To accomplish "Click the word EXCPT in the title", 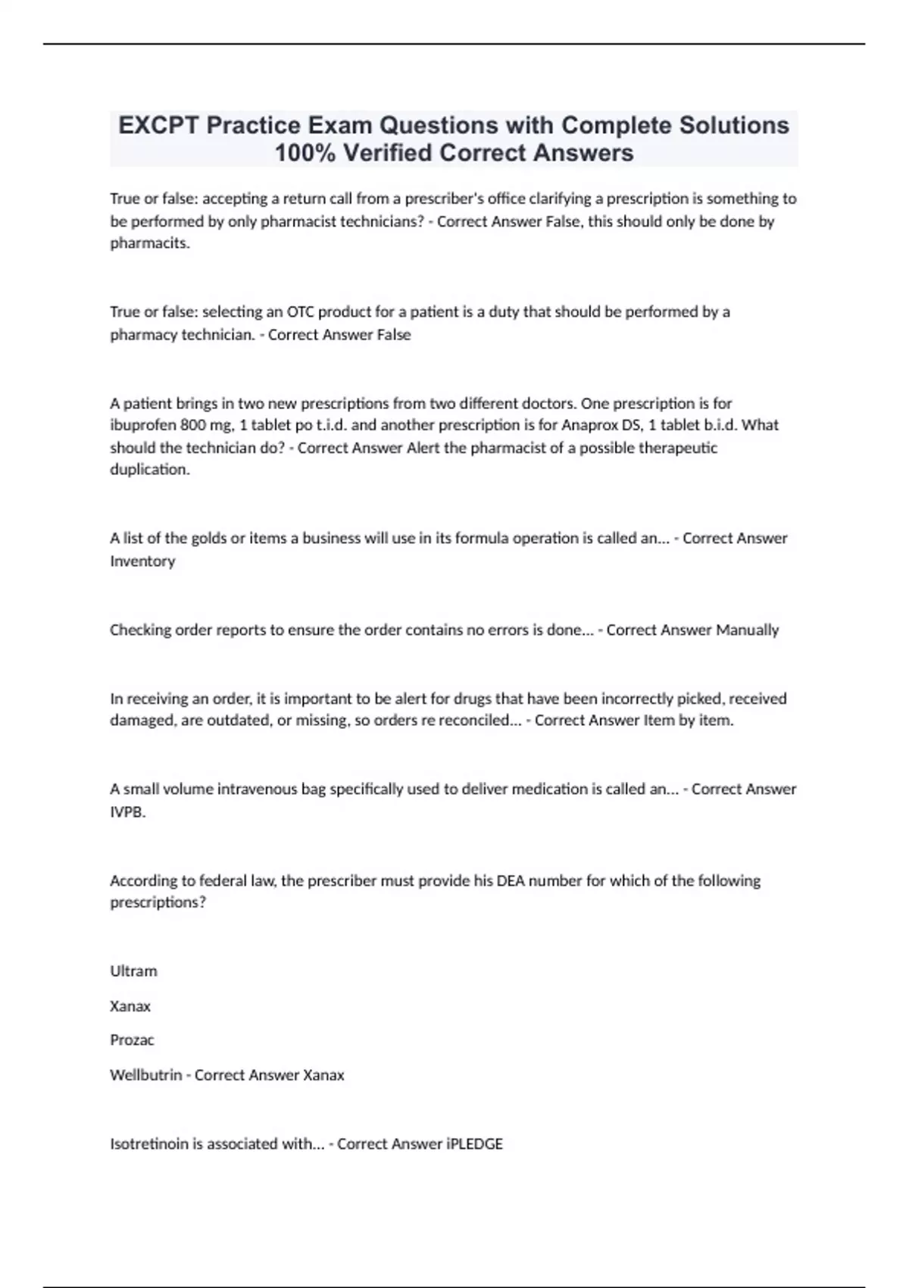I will (158, 125).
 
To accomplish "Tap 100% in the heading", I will (305, 153).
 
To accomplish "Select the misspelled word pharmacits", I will (149, 243).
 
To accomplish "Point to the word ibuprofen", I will (143, 425).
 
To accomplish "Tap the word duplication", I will (149, 470).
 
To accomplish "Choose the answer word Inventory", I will (142, 561).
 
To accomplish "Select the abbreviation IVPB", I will (127, 812).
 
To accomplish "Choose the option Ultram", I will (133, 971).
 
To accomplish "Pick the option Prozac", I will (132, 1040).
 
